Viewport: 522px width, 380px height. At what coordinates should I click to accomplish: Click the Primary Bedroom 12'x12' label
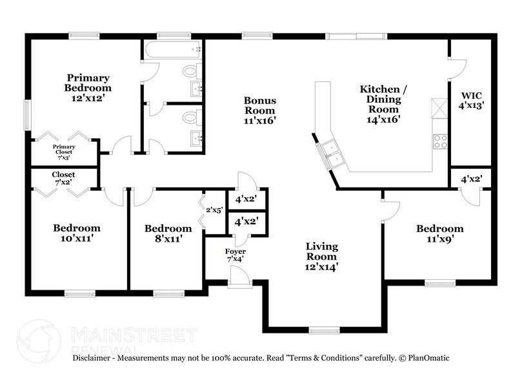[87, 88]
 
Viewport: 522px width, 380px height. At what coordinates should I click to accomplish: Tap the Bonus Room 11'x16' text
[259, 110]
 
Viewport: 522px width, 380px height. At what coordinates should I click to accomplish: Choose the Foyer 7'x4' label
[235, 255]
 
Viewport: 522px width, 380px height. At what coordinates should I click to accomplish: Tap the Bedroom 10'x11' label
[76, 233]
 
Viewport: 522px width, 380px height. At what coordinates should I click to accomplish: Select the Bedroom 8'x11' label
[168, 233]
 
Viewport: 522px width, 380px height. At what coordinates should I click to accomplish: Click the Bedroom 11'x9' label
[439, 233]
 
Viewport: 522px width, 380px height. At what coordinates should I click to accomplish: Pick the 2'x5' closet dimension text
[214, 209]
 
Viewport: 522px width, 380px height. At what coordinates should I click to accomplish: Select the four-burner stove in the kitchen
[441, 141]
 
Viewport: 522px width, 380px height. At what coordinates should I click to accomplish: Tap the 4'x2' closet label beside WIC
[471, 179]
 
